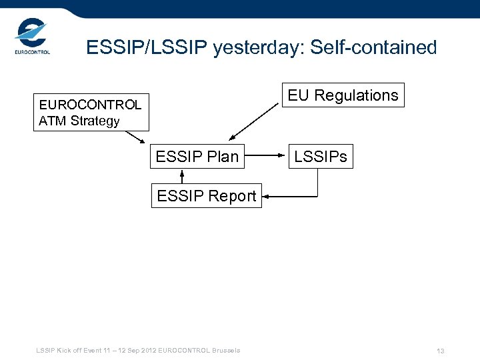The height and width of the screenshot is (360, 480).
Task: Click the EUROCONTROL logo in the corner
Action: click(x=31, y=37)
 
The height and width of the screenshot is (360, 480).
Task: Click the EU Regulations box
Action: click(x=343, y=95)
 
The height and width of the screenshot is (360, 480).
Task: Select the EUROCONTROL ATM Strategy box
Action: click(x=91, y=113)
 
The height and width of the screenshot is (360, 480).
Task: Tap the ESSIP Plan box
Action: click(x=197, y=157)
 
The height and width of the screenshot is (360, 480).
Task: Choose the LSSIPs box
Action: click(x=320, y=157)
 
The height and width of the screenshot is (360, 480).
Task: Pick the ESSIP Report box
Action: click(x=206, y=196)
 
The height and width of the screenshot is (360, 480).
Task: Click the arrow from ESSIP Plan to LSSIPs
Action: click(x=266, y=156)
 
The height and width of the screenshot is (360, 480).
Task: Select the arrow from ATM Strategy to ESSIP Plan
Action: click(x=135, y=137)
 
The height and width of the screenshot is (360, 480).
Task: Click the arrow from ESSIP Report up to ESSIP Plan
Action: click(x=182, y=176)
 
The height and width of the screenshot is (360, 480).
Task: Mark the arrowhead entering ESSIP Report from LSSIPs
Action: click(x=266, y=196)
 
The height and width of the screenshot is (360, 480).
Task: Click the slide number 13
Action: click(x=440, y=351)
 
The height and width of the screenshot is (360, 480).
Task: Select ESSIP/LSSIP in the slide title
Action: click(x=147, y=48)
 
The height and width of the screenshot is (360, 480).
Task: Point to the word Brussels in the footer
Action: click(x=227, y=351)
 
